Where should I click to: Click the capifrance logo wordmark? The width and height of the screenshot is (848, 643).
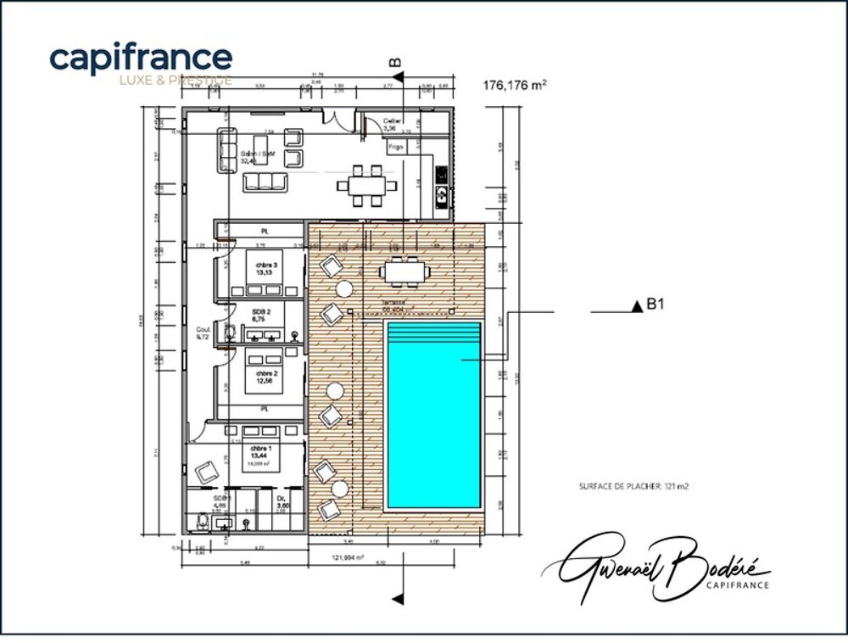pyautogui.click(x=141, y=58)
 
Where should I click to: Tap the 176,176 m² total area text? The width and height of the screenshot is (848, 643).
pyautogui.click(x=514, y=85)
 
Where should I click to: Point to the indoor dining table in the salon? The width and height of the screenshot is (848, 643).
pyautogui.click(x=366, y=186)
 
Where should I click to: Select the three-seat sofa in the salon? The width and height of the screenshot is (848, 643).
pyautogui.click(x=266, y=182)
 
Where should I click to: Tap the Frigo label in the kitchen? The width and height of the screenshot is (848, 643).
pyautogui.click(x=395, y=147)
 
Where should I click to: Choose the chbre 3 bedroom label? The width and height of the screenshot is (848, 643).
pyautogui.click(x=259, y=269)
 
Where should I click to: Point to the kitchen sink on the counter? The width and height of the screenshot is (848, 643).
pyautogui.click(x=441, y=196)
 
